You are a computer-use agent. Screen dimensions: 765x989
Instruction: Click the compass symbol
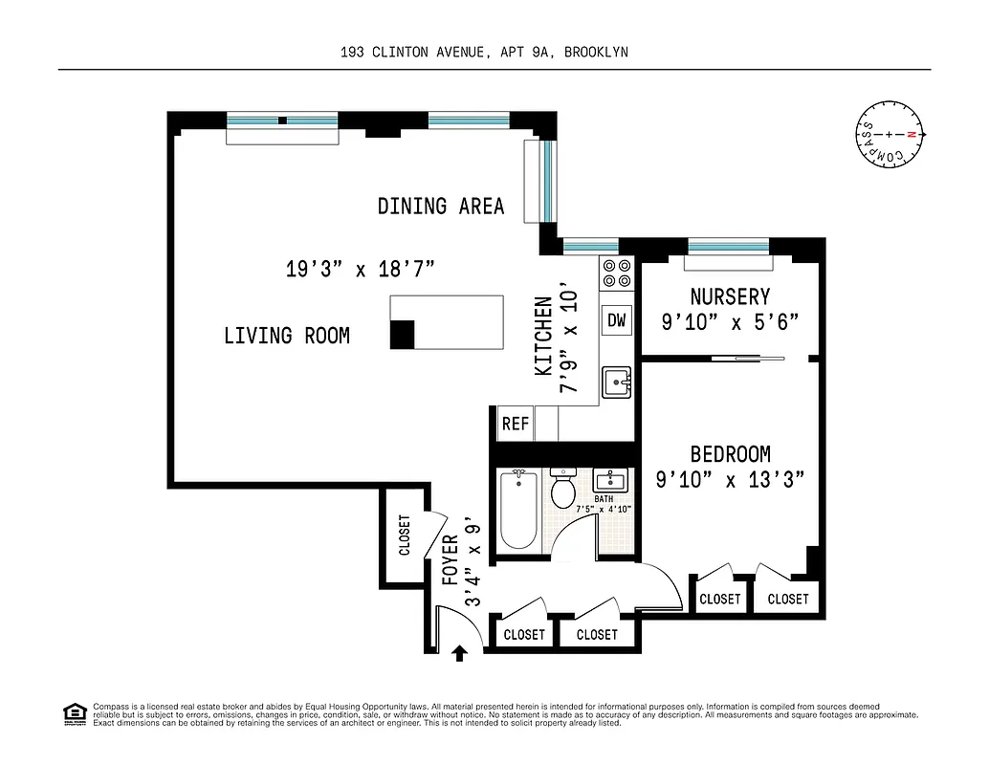890,135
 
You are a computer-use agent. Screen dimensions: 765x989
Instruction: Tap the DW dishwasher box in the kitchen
617,320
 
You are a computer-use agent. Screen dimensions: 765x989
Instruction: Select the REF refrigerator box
515,424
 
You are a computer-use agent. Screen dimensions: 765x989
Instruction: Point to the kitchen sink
617,382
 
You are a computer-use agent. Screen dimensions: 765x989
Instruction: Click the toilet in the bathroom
562,491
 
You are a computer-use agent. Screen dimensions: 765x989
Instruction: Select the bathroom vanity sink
610,480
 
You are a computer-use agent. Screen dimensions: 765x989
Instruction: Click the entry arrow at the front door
459,652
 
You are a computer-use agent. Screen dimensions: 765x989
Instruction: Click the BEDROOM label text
730,454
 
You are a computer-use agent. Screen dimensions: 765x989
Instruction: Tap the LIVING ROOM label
286,336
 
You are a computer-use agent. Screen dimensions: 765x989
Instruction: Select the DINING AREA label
440,206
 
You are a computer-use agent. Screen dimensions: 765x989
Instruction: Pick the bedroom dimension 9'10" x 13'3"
730,480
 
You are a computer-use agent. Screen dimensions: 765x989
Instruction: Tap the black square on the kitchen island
402,334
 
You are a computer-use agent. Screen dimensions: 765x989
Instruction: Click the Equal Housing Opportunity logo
73,713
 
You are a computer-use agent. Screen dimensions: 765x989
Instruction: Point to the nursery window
729,246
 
